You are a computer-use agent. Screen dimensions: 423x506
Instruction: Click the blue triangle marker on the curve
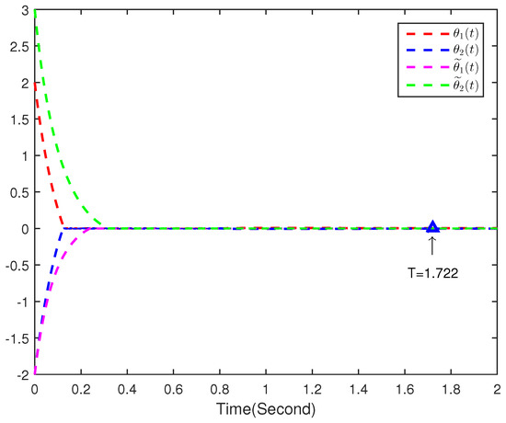pyautogui.click(x=432, y=226)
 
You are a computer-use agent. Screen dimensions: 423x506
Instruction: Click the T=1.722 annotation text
pyautogui.click(x=430, y=271)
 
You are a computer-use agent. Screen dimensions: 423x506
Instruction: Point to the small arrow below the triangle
pyautogui.click(x=432, y=245)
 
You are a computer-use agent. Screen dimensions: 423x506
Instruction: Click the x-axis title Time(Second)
pyautogui.click(x=267, y=406)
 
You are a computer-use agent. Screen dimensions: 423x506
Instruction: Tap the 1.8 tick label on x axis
pyautogui.click(x=451, y=389)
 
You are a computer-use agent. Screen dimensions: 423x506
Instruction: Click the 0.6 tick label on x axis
pyautogui.click(x=173, y=389)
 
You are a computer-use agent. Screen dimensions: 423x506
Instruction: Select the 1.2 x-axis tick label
pyautogui.click(x=312, y=389)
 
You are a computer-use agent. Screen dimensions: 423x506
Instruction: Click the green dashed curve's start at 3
pyautogui.click(x=35, y=11)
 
